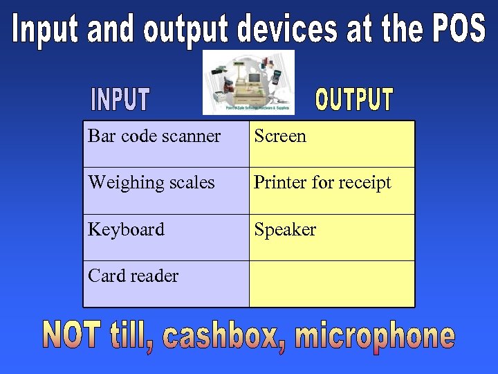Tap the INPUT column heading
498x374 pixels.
pos(120,100)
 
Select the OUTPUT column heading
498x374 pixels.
pos(354,100)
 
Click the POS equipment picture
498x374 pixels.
pos(248,82)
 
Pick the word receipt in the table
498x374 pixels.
pos(367,183)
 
